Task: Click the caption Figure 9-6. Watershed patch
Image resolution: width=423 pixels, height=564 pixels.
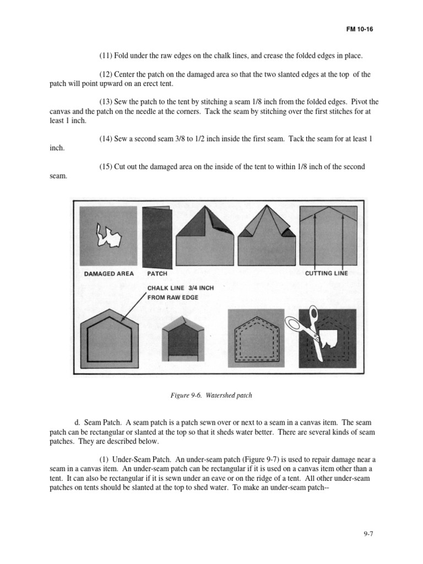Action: (x=211, y=395)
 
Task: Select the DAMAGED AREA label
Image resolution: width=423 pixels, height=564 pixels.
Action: (x=109, y=273)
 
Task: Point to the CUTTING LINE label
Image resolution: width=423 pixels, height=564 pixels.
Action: (x=326, y=273)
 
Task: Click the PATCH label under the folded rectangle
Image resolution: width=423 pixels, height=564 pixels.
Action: (x=157, y=273)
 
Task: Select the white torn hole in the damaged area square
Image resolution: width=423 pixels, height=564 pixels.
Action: (x=108, y=236)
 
